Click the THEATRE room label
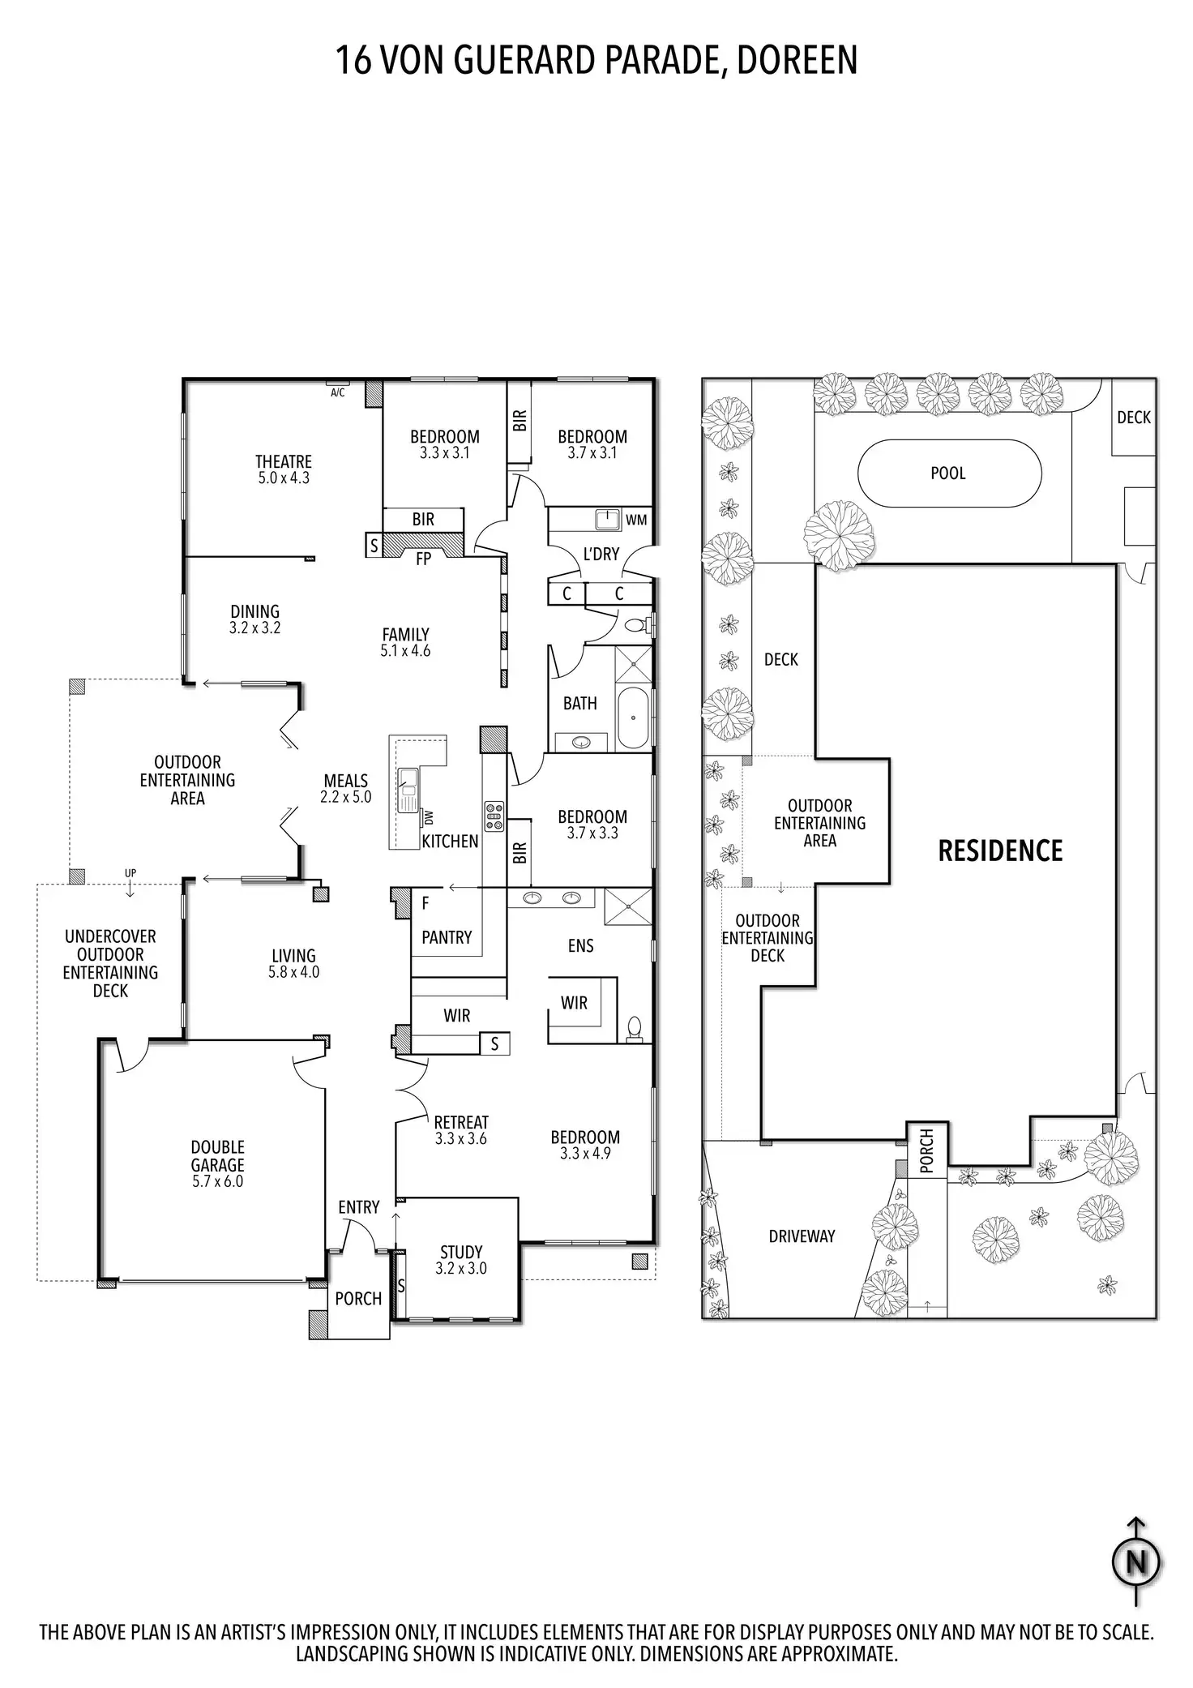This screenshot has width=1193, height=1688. pyautogui.click(x=284, y=462)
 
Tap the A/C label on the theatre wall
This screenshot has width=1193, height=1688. pyautogui.click(x=337, y=393)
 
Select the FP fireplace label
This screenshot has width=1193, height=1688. pyautogui.click(x=423, y=559)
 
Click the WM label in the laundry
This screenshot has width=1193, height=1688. pyautogui.click(x=636, y=521)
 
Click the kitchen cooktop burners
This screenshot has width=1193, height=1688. pyautogui.click(x=494, y=816)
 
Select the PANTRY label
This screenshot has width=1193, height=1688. pyautogui.click(x=447, y=937)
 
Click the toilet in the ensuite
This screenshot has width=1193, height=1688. pyautogui.click(x=635, y=1028)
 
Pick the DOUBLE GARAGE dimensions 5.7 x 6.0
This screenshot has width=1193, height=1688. pyautogui.click(x=217, y=1181)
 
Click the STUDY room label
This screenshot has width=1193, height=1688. pyautogui.click(x=461, y=1252)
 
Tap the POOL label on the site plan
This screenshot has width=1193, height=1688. pyautogui.click(x=948, y=473)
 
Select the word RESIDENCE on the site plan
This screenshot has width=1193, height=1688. pyautogui.click(x=1000, y=850)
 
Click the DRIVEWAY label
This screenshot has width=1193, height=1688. pyautogui.click(x=802, y=1236)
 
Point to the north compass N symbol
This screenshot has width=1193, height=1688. pyautogui.click(x=1136, y=1562)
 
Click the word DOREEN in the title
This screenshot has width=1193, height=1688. pyautogui.click(x=797, y=60)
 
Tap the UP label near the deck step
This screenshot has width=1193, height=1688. pyautogui.click(x=130, y=873)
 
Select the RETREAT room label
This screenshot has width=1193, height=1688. pyautogui.click(x=461, y=1122)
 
